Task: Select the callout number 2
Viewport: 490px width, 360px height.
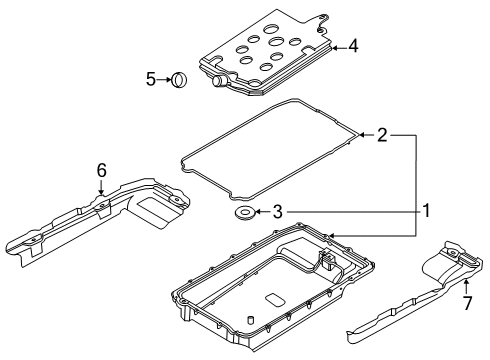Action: pos(381,134)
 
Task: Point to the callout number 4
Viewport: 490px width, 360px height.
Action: pos(351,46)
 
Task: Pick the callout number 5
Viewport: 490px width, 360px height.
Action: pos(151,78)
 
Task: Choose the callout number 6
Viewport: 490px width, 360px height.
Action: pos(101,171)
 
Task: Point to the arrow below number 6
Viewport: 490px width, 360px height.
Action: pos(101,190)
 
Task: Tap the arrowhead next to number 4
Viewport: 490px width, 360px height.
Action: pos(334,46)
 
